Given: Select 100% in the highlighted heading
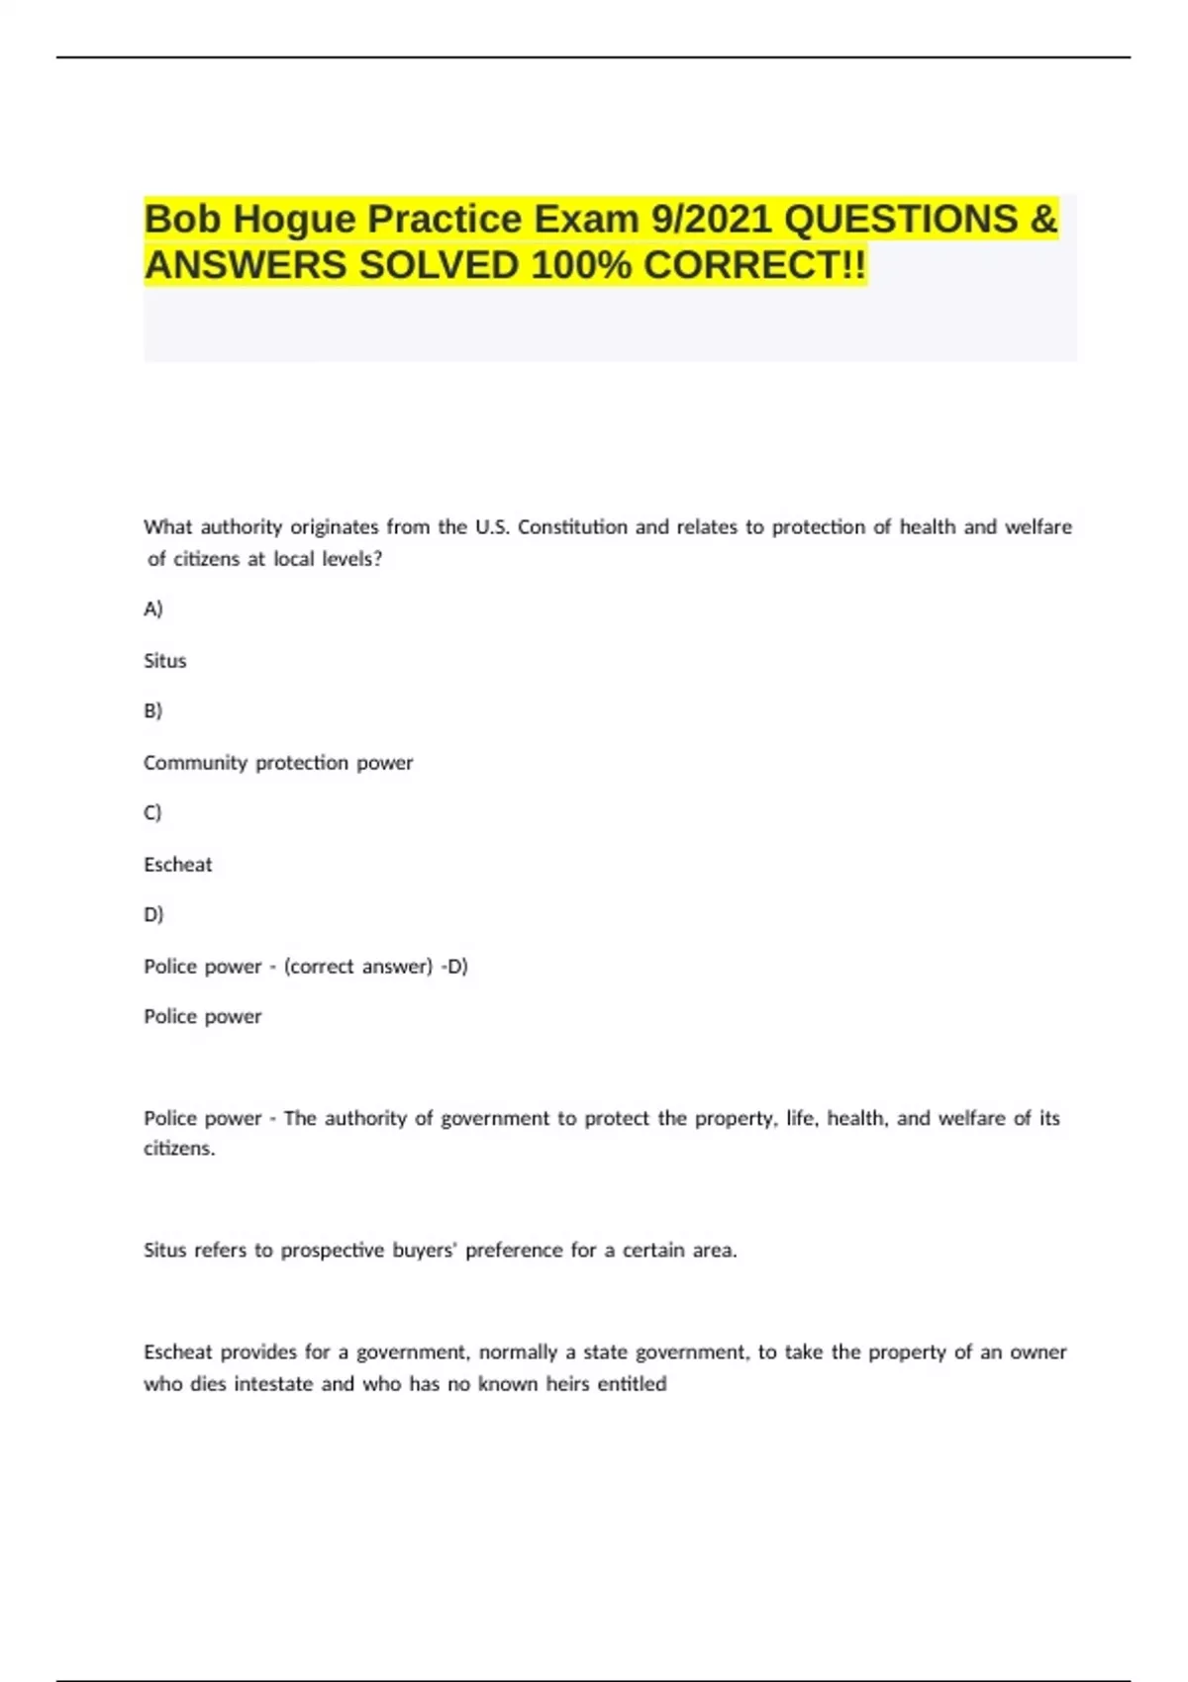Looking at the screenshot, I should click(x=581, y=265).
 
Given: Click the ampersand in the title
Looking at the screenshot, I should click(x=1043, y=220).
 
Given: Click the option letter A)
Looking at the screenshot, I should click(x=152, y=608).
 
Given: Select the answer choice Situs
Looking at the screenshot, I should click(x=164, y=661).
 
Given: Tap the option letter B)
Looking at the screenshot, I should click(x=152, y=710).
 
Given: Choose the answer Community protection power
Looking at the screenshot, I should click(x=278, y=763).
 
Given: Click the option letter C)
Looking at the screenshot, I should click(x=152, y=812).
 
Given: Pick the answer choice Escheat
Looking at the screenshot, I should click(x=178, y=865).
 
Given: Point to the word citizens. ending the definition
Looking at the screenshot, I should click(x=179, y=1149).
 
